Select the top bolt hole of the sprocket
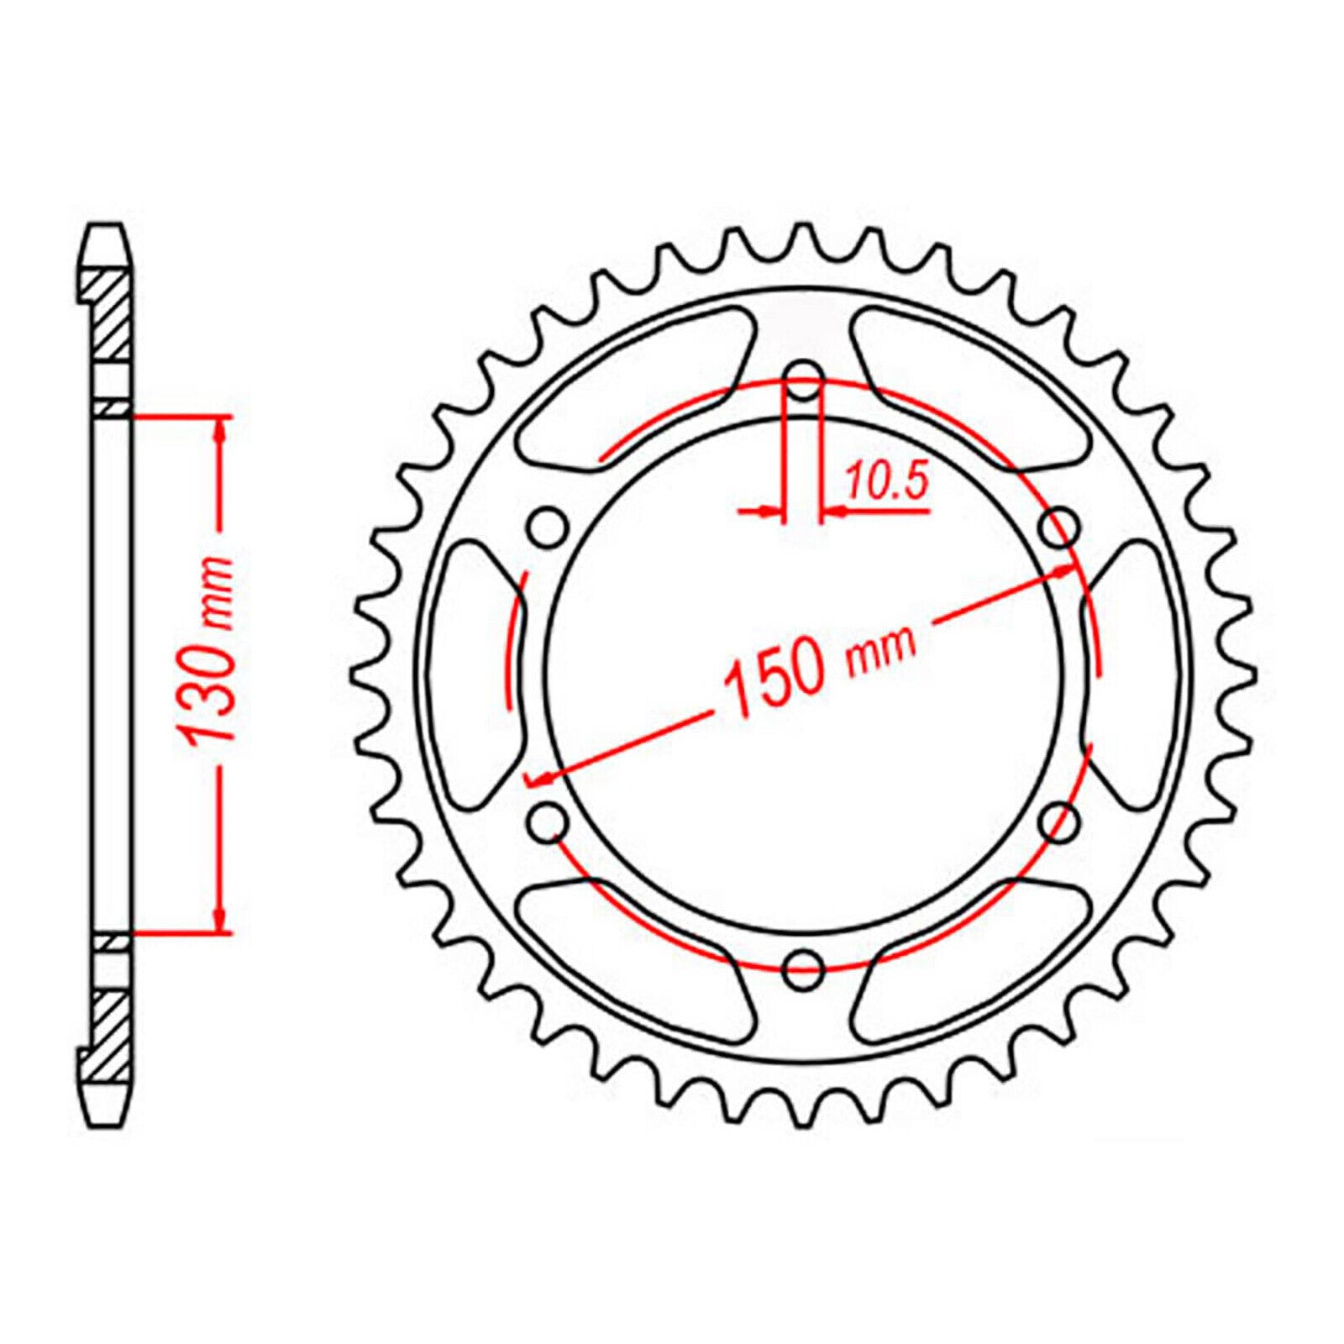[x=804, y=381]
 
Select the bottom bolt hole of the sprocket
[x=802, y=968]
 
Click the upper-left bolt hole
[x=547, y=528]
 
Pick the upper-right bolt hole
[x=1059, y=528]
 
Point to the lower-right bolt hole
[x=1059, y=821]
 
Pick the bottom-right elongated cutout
[x=970, y=966]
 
